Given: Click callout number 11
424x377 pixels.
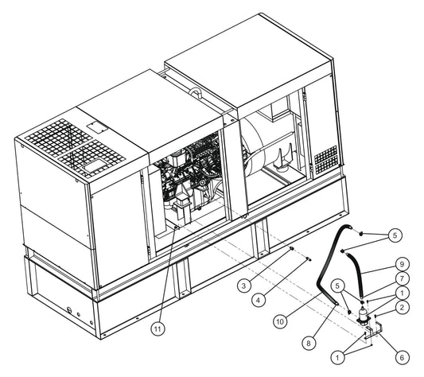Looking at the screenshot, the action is point(158,328).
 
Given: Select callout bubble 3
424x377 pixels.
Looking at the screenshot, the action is point(244,286).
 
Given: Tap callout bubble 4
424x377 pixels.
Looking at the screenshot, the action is point(259,300).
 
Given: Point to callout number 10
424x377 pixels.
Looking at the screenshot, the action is point(280,321).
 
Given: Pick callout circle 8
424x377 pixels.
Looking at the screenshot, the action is point(309,343).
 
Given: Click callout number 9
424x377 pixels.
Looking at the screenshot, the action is point(402,264).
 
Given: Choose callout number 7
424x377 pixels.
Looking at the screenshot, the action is point(402,278).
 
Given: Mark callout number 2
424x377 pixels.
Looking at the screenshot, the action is point(402,307).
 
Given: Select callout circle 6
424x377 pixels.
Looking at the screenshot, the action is point(402,358).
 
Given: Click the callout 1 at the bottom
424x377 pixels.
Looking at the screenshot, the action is point(337,358).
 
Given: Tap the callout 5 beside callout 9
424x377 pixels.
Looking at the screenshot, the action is point(395,235).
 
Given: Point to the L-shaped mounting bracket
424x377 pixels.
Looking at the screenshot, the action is point(373,331).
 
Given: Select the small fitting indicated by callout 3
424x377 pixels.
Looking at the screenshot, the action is point(291,248).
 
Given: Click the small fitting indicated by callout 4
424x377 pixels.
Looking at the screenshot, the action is point(309,258).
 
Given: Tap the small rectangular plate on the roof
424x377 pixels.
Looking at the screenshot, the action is point(97,127).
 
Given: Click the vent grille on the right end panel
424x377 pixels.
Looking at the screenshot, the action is point(326,160).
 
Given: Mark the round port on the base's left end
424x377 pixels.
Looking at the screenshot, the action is point(69,309).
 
